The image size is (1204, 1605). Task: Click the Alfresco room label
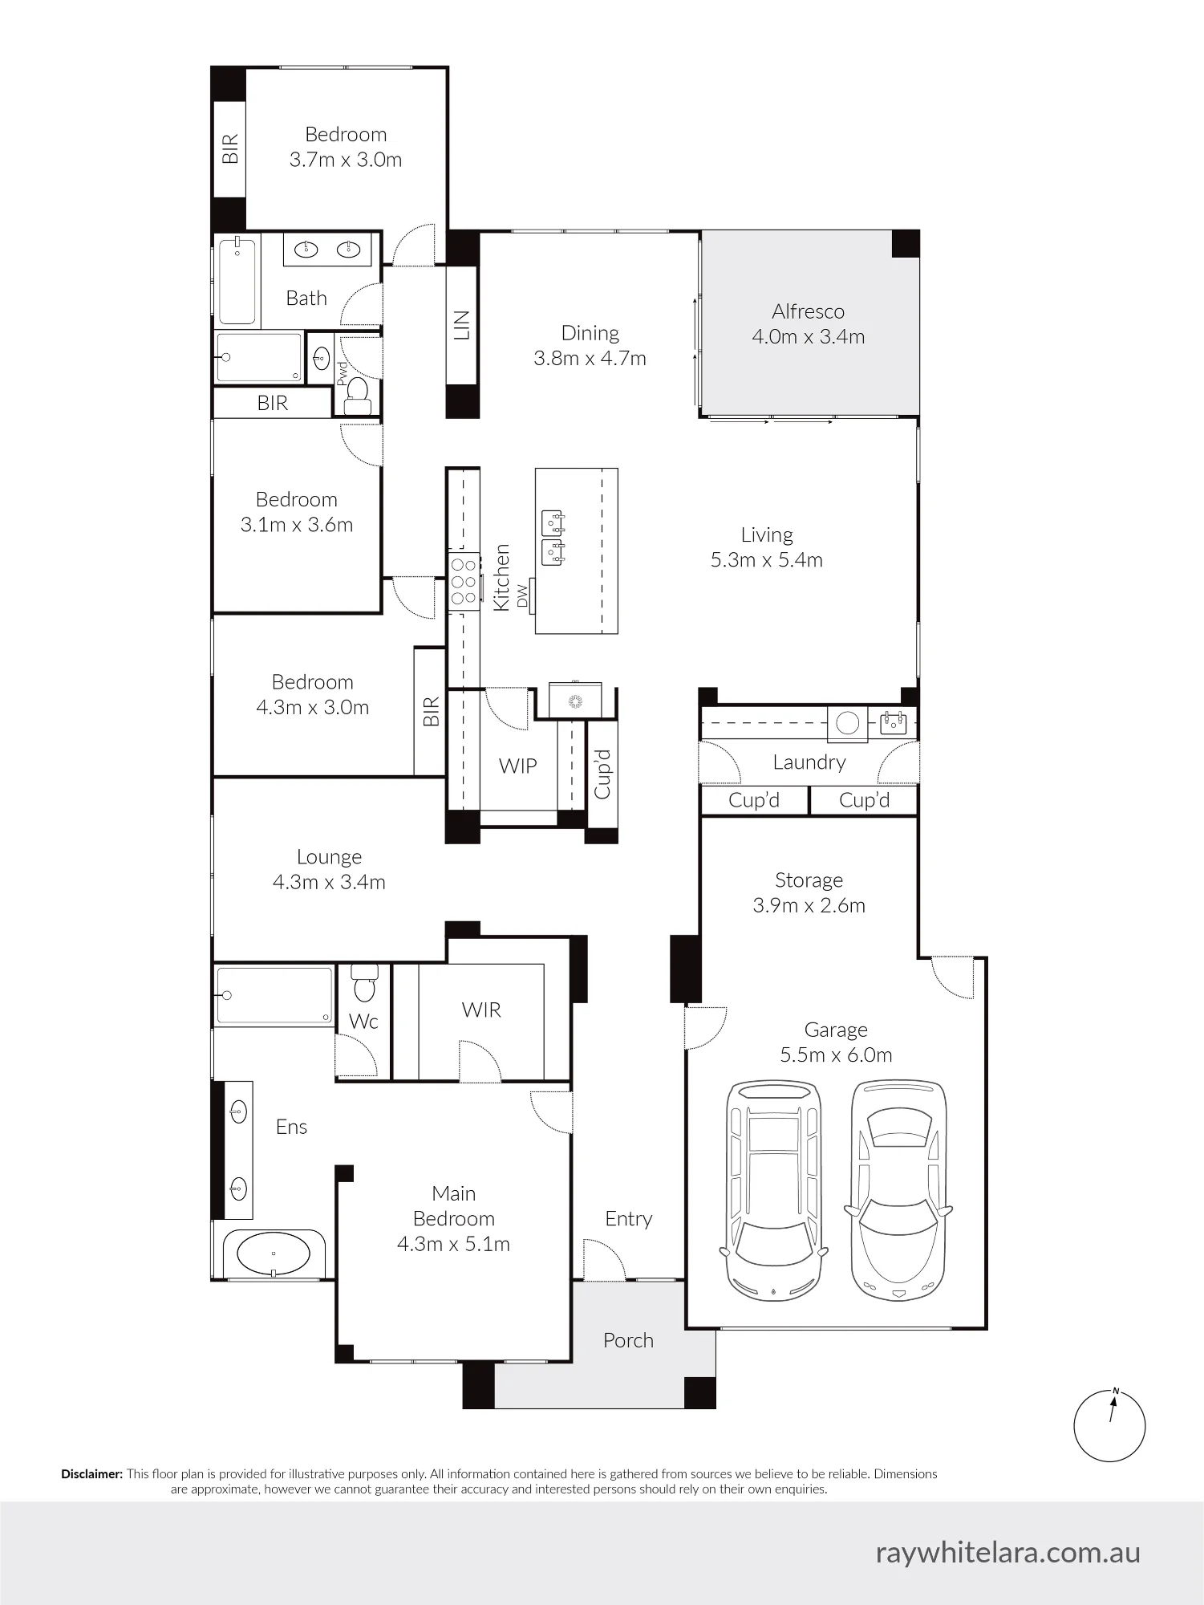tap(808, 311)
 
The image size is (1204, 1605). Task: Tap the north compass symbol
tap(1109, 1426)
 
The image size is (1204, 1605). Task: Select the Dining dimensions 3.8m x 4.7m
tap(590, 359)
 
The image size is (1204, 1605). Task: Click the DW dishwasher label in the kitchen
tap(523, 595)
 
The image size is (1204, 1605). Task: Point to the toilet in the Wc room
tap(365, 984)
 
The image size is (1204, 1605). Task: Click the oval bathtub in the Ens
tap(274, 1253)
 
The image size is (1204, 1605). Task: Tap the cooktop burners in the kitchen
tap(464, 582)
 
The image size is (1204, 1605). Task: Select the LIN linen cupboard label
tap(462, 325)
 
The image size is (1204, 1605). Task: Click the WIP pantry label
tap(517, 766)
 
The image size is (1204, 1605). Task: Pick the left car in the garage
tap(774, 1191)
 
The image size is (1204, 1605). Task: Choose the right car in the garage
tap(898, 1191)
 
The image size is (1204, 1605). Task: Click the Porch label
tap(628, 1340)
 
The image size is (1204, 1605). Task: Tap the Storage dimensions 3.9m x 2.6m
tap(809, 906)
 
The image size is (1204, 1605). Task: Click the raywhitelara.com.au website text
tap(1007, 1553)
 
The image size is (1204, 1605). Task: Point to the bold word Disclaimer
tap(92, 1474)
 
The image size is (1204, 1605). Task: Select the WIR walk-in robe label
tap(481, 1010)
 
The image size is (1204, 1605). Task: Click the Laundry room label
tap(809, 762)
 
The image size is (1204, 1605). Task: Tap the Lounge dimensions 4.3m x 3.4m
tap(329, 883)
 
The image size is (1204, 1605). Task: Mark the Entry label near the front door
tap(628, 1219)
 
